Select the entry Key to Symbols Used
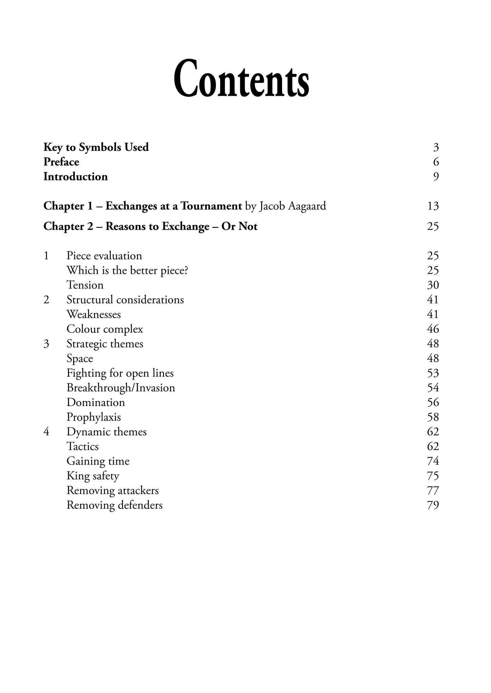(96, 147)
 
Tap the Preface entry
(61, 162)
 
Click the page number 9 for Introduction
(436, 177)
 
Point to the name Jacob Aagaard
(293, 206)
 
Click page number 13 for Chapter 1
(433, 206)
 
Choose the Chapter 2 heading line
(150, 226)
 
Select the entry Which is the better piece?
(127, 270)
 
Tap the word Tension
(85, 285)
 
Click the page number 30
(433, 285)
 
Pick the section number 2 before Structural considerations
(46, 300)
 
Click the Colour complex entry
(105, 329)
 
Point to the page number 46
(433, 329)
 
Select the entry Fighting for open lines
(120, 373)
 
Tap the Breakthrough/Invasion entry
(121, 388)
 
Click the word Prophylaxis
(93, 417)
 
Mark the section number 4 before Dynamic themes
(46, 432)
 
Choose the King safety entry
(93, 476)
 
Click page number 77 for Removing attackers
(433, 491)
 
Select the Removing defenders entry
(114, 505)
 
